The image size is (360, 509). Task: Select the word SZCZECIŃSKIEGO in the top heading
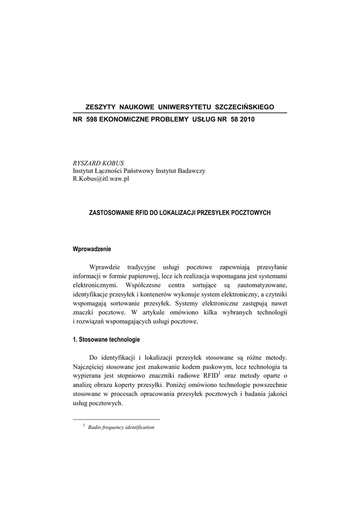click(x=244, y=107)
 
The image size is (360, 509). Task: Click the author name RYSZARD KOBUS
click(x=98, y=163)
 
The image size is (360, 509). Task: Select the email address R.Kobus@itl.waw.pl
click(x=101, y=179)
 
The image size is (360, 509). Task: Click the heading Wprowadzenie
click(x=92, y=249)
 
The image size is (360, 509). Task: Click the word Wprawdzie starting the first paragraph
click(x=105, y=267)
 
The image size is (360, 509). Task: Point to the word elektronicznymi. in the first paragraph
click(x=95, y=285)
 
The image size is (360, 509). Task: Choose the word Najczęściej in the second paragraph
click(x=91, y=367)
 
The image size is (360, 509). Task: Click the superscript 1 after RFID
click(x=219, y=373)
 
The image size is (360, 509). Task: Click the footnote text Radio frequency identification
click(x=121, y=427)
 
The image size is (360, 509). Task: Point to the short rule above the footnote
click(x=116, y=420)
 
